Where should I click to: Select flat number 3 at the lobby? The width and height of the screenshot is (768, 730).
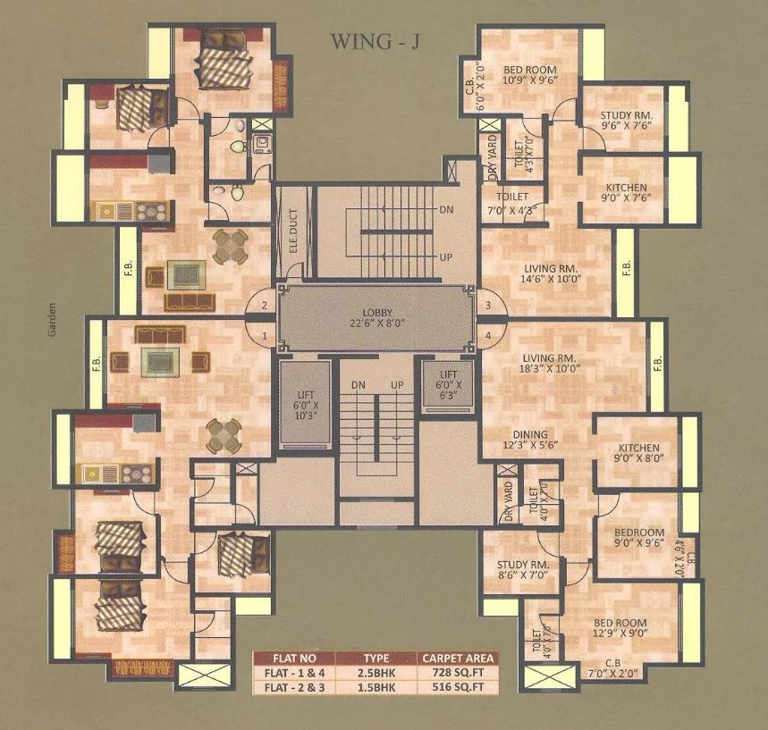487,306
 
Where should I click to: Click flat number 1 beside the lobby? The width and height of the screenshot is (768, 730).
264,335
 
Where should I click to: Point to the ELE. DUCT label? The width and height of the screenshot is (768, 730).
292,230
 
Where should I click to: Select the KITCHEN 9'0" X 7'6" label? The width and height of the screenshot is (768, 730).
631,193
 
